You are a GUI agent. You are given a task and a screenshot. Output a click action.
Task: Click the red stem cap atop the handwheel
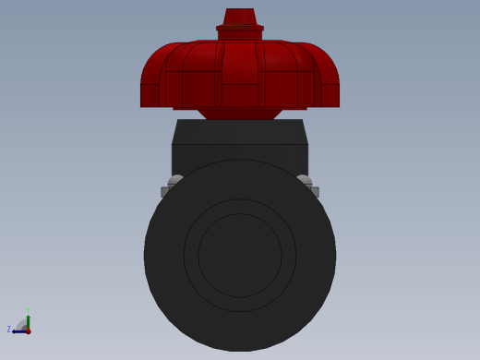[240, 17]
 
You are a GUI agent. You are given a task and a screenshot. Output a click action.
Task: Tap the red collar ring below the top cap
[240, 31]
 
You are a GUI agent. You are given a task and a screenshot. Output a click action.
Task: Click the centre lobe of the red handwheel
[240, 74]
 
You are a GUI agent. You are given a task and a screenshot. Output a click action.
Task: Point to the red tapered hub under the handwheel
[240, 114]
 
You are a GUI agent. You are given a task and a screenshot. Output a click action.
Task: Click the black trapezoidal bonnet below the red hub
[240, 132]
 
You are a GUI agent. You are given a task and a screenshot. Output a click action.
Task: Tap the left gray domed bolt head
[174, 180]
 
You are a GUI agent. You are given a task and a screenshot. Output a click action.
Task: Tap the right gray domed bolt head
[305, 180]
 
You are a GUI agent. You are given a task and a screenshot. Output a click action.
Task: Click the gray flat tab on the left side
[165, 192]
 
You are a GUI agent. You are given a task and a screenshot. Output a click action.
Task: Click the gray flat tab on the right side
[315, 192]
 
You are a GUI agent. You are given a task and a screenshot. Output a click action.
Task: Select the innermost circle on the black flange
[240, 256]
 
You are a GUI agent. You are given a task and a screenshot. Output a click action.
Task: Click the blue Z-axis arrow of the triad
[18, 330]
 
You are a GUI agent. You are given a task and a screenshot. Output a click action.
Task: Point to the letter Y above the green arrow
[28, 311]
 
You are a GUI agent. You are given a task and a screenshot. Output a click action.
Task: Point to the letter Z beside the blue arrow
[8, 330]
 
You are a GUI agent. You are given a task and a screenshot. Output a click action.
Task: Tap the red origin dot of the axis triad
[28, 330]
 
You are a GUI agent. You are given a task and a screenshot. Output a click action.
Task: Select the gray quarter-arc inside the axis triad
[21, 325]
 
